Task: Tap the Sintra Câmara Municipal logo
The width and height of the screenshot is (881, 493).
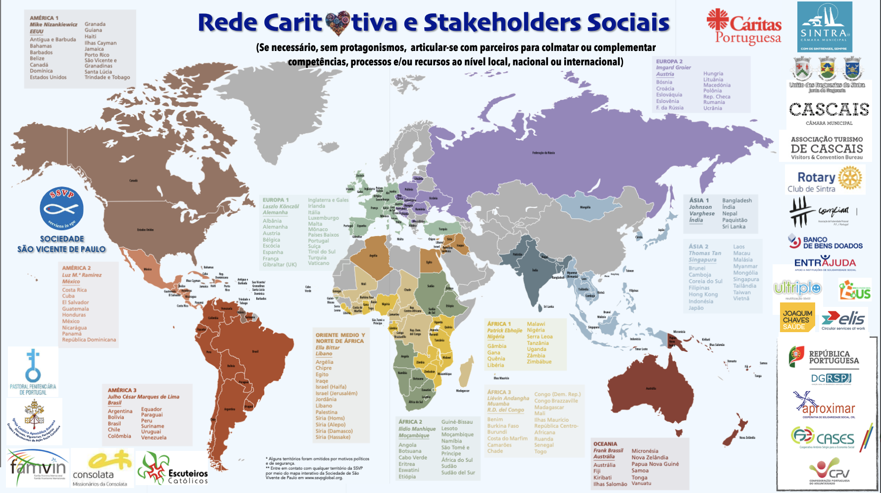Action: [x=824, y=27]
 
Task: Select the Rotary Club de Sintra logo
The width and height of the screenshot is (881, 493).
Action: [x=825, y=180]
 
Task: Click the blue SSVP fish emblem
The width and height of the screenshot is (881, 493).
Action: [x=62, y=208]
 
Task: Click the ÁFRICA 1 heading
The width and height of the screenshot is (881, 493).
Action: [x=499, y=324]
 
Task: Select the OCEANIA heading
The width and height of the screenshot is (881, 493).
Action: [x=605, y=444]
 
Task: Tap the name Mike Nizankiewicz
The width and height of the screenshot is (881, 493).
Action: [x=53, y=24]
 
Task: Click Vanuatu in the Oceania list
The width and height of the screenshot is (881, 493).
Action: [x=641, y=484]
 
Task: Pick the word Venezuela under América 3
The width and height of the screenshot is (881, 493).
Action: [x=154, y=438]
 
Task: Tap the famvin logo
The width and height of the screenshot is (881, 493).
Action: [x=38, y=466]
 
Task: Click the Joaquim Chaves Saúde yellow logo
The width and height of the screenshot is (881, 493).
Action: [x=797, y=317]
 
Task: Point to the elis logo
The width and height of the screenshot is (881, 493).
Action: [x=843, y=320]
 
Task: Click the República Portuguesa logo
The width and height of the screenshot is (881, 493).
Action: [x=825, y=357]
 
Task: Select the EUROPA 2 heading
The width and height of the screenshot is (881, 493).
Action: [x=669, y=61]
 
